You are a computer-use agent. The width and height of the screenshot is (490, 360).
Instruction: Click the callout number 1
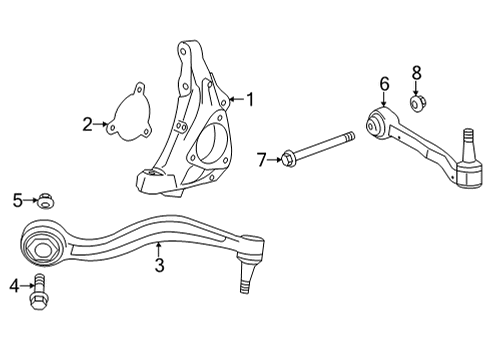[x=250, y=99]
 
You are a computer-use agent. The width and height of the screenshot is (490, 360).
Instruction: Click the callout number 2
[x=87, y=124]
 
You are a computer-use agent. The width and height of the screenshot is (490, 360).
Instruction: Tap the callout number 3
[x=159, y=265]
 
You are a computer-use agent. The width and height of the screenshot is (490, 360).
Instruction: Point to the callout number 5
[x=16, y=201]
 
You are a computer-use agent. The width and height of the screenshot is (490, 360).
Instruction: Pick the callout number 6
[x=383, y=83]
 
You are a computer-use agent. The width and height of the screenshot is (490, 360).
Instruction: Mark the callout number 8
[x=416, y=73]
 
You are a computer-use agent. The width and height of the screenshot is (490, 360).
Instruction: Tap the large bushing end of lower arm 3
[x=43, y=242]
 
